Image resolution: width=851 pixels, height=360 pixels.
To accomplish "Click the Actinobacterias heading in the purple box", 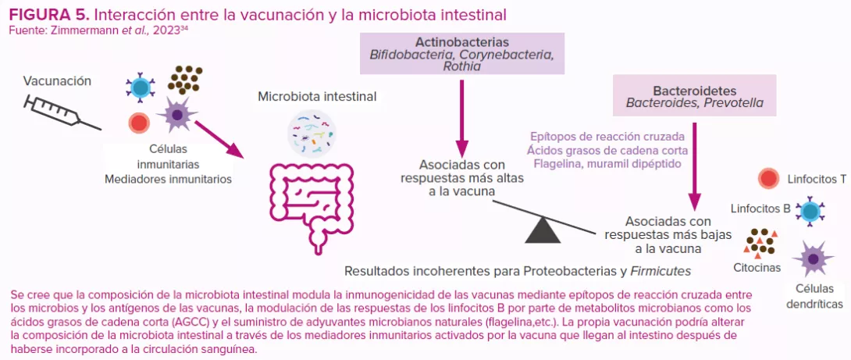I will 462,42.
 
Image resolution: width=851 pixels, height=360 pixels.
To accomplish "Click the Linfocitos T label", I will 817,179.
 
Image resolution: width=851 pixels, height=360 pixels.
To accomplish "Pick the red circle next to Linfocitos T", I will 768,179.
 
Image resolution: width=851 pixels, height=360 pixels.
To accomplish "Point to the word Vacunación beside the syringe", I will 57,81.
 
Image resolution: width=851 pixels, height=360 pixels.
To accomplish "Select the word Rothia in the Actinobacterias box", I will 461,67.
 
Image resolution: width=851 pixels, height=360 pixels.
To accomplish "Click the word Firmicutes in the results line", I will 661,271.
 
